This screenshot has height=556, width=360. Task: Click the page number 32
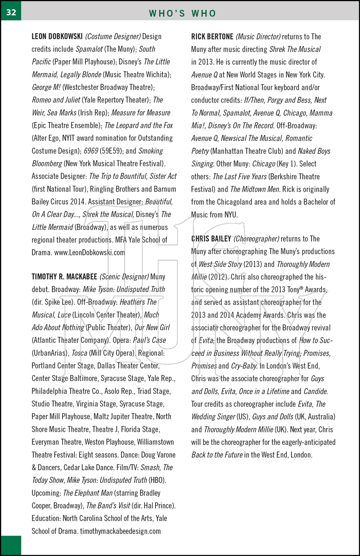point(11,12)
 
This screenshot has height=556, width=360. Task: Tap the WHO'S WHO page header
point(182,13)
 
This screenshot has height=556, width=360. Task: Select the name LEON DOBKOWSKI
point(57,36)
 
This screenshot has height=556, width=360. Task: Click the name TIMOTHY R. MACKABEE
point(64,277)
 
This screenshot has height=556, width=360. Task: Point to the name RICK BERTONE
point(212,37)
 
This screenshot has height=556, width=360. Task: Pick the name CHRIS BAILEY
point(211,239)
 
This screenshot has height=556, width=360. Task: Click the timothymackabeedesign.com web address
point(120,531)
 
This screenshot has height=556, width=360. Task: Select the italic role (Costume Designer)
point(113,36)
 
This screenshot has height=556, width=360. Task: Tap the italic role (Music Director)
point(258,37)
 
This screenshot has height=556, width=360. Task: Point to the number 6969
point(91,151)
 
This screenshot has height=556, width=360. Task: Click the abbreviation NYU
point(231,215)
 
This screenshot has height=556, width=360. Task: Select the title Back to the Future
point(217,455)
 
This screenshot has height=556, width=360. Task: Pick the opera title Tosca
point(79,353)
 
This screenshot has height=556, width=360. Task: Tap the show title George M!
point(46,87)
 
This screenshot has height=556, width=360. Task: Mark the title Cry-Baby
point(244,366)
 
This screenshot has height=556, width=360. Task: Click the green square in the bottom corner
point(11,545)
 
